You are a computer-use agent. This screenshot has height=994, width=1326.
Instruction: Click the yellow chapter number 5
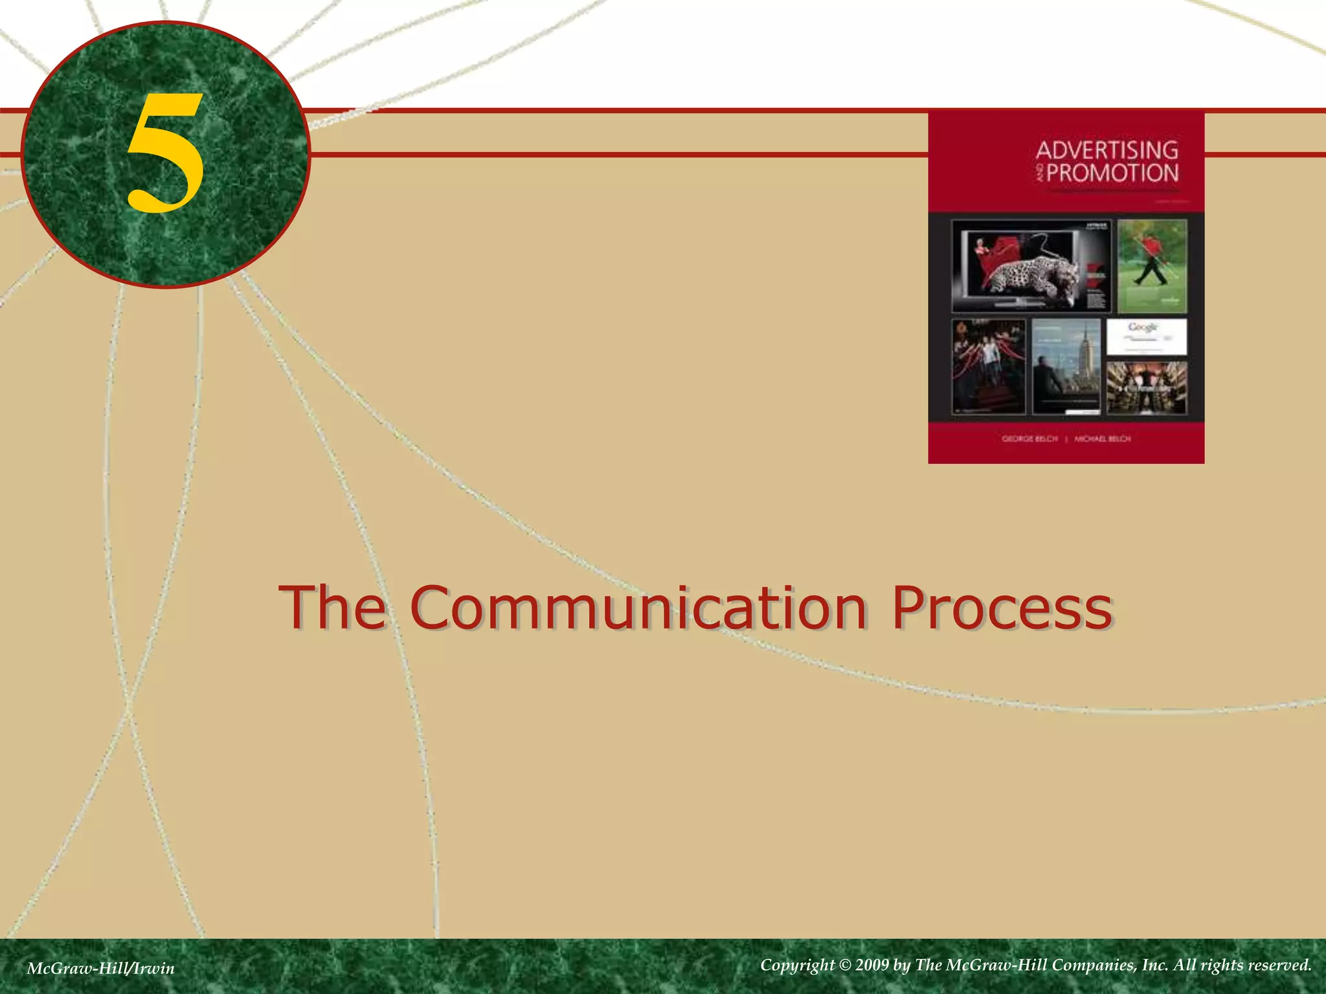pos(165,153)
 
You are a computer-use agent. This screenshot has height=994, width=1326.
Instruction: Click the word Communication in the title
pos(638,608)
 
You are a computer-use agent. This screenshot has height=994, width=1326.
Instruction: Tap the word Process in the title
pos(1002,608)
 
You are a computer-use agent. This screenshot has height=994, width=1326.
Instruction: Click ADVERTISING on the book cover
pos(1107,150)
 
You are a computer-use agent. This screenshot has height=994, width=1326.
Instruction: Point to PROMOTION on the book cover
pos(1112,173)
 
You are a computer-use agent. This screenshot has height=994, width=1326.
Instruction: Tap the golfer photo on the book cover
pos(1152,265)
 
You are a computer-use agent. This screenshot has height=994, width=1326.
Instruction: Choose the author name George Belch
pos(1029,439)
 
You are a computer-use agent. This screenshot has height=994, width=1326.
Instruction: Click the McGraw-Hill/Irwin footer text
pos(101,968)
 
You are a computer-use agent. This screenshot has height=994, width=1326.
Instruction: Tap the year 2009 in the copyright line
pos(871,966)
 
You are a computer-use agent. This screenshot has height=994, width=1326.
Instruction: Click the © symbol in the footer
pos(845,966)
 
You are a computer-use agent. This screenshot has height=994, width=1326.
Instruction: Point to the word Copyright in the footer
pos(797,966)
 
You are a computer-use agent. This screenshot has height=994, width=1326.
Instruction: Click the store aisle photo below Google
pos(1147,387)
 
